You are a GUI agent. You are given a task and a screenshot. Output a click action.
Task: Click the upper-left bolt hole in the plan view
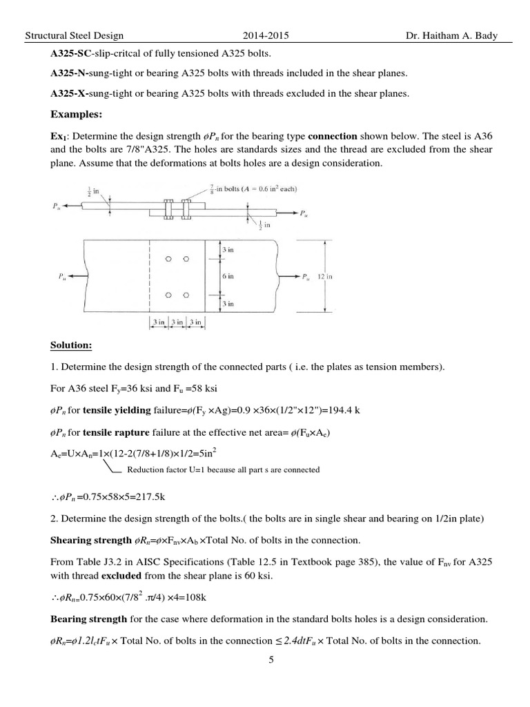point(167,260)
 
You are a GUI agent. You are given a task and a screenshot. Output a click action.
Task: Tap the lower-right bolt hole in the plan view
point(186,295)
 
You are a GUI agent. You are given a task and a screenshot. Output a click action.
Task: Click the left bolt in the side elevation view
point(167,208)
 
